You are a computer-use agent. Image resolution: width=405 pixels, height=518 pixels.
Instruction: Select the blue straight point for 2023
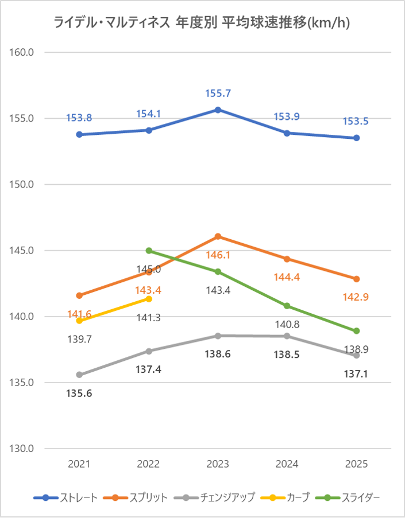218,110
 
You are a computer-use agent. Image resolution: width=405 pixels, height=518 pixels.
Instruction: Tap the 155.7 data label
218,94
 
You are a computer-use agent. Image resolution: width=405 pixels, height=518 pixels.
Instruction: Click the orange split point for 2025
357,279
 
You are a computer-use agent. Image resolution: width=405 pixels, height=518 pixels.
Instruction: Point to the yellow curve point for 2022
149,299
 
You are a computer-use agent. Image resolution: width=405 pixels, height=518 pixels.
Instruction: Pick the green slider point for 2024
287,306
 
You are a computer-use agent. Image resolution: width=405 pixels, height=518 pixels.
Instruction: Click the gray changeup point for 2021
79,375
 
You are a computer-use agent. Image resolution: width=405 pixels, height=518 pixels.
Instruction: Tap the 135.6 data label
79,394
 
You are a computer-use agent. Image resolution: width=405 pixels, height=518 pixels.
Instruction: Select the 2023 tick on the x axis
218,464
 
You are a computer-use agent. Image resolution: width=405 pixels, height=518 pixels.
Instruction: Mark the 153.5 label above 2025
357,122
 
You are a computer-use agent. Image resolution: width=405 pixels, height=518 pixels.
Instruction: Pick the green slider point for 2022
149,251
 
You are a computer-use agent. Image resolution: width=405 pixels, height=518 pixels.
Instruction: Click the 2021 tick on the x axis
79,464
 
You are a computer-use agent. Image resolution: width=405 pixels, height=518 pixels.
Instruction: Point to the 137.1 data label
357,375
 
